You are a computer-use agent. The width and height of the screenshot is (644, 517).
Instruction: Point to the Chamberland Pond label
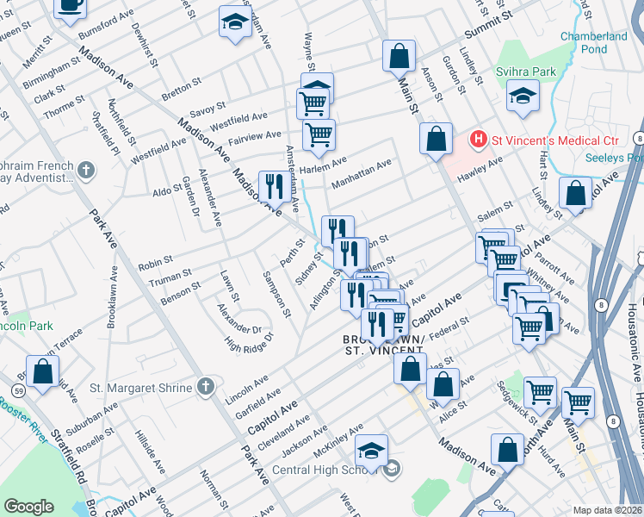pyautogui.click(x=593, y=42)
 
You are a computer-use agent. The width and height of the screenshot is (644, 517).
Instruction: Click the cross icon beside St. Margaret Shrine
pyautogui.click(x=205, y=388)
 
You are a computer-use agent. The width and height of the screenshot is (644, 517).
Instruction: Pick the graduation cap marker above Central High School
pyautogui.click(x=371, y=451)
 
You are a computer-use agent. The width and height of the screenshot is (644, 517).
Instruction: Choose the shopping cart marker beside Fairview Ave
pyautogui.click(x=319, y=134)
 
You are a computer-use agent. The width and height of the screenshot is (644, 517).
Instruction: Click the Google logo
pyautogui.click(x=28, y=507)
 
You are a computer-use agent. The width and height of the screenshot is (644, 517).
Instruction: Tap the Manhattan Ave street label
pyautogui.click(x=361, y=166)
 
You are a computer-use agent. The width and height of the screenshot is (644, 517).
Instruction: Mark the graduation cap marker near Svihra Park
pyautogui.click(x=523, y=98)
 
